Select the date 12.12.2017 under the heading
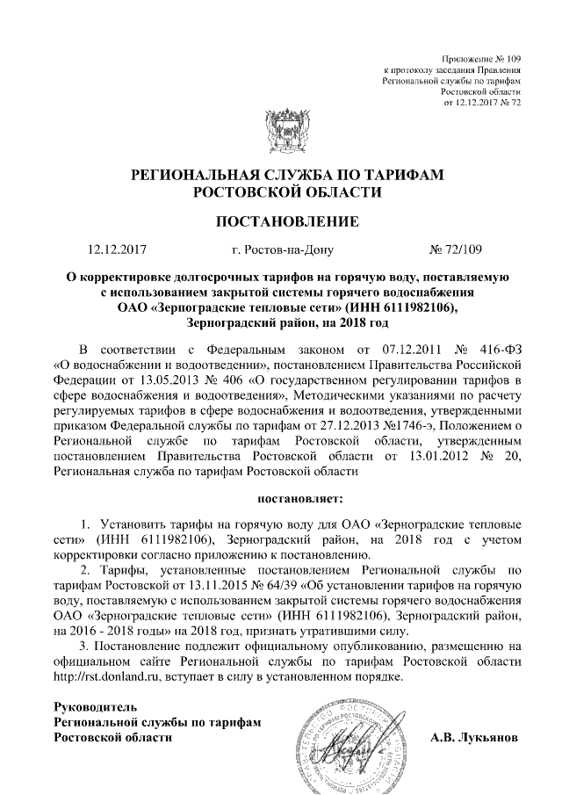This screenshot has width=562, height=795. tap(119, 249)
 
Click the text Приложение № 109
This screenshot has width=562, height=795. tap(481, 57)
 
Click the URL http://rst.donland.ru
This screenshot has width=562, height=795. tap(105, 678)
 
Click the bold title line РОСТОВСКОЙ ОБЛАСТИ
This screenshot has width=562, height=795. tap(287, 192)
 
